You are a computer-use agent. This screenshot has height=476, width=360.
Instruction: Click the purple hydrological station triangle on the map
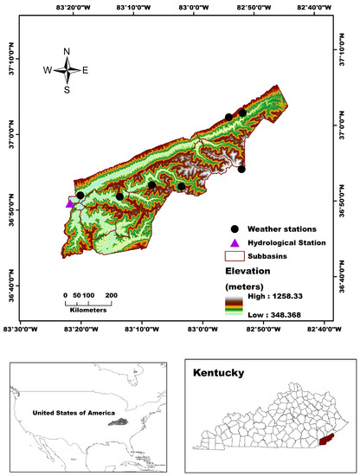(x=70, y=203)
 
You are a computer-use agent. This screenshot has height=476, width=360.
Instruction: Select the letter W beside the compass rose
(x=48, y=69)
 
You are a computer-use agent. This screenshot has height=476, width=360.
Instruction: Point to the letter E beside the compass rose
(x=85, y=69)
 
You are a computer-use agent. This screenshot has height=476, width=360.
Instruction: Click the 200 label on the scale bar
(x=112, y=295)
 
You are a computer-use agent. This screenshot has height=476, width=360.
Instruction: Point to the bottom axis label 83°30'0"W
(x=21, y=329)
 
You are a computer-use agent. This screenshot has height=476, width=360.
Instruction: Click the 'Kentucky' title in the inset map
(x=218, y=374)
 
